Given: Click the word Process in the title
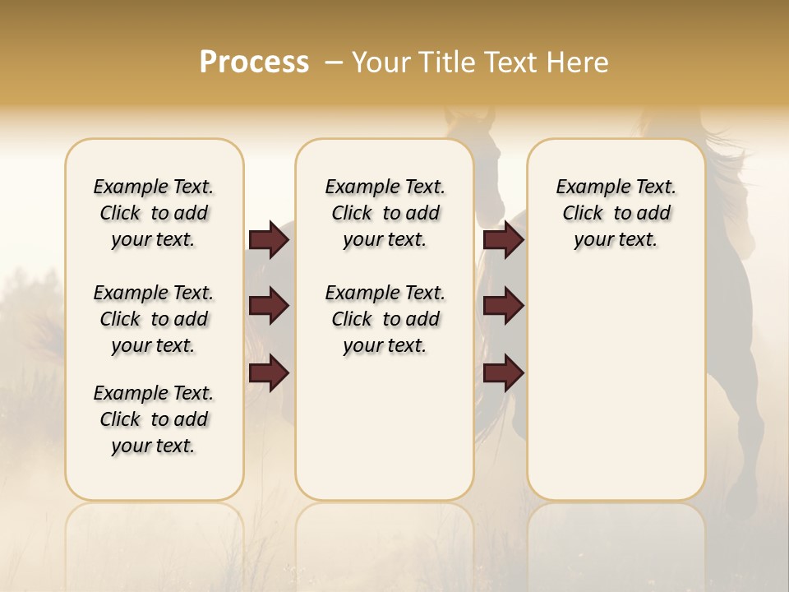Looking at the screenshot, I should pos(254,62).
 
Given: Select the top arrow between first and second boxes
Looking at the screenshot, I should pos(269,239).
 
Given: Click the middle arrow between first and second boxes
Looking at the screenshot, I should pos(269,306).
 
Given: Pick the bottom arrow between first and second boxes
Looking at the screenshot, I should pos(269,373).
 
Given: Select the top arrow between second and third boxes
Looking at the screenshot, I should pos(503,239).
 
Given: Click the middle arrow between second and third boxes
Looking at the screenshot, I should pos(503,306).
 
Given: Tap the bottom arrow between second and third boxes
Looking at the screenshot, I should pos(503,373).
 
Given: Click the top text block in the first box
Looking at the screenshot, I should pos(154,213).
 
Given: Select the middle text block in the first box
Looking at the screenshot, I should pos(154,319).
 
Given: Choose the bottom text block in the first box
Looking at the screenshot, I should pos(154,419).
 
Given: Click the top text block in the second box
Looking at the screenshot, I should pos(385,213).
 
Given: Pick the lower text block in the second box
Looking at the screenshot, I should pos(385,319).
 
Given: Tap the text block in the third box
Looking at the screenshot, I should pos(616,213).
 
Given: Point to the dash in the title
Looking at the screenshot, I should pos(333,62).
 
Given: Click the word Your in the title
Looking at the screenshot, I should pos(381,62).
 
